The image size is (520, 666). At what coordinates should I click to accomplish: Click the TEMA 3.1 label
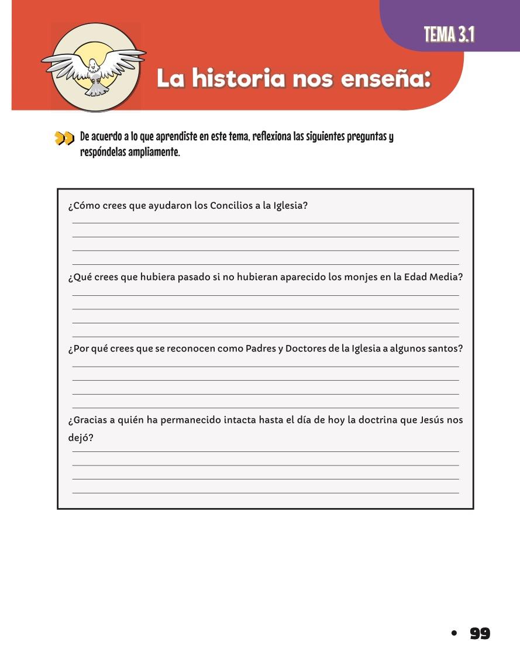[449, 35]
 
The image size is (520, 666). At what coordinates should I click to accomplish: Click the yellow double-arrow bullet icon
[64, 139]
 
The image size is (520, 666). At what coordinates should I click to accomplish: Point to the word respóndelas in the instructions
[103, 154]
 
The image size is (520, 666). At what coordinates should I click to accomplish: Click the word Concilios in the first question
[231, 206]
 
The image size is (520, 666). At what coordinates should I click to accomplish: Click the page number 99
[480, 633]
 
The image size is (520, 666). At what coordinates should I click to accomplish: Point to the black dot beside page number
[453, 633]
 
